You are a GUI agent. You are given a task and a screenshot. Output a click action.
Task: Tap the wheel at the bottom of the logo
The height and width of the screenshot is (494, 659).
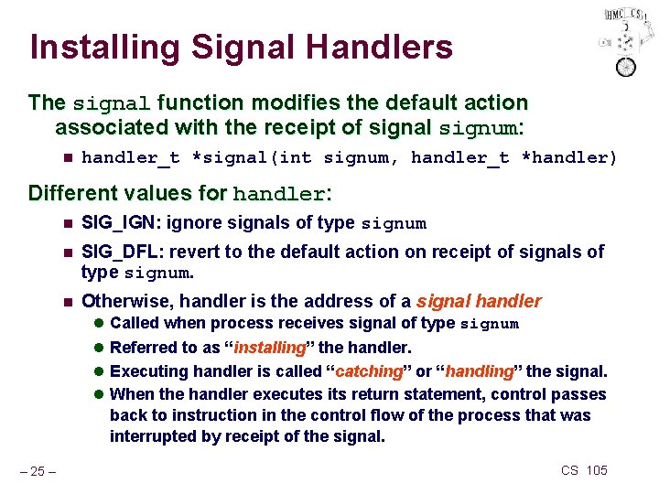point(626,67)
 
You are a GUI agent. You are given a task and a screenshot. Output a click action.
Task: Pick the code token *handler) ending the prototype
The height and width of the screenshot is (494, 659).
point(569,158)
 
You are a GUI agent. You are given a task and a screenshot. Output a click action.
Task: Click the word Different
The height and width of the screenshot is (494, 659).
point(77,194)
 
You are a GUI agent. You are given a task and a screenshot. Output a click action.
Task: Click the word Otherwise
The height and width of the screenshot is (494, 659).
point(126,301)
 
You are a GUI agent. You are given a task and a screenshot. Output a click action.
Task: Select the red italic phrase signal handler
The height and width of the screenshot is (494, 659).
point(479,301)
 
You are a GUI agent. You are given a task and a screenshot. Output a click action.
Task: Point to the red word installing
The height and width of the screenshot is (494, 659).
point(269,348)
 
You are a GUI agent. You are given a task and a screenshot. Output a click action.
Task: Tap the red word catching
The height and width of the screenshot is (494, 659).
point(370,371)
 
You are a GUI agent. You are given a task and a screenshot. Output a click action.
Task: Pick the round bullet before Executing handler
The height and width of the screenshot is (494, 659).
point(100,371)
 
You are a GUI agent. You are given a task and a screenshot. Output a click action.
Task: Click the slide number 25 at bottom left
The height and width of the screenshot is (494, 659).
point(39,471)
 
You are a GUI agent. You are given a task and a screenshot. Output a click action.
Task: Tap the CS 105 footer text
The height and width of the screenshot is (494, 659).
point(583,470)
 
